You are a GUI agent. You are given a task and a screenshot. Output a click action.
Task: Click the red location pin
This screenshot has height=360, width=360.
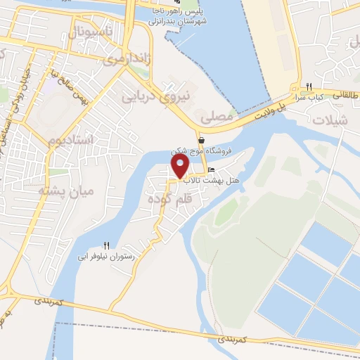pyautogui.click(x=180, y=166)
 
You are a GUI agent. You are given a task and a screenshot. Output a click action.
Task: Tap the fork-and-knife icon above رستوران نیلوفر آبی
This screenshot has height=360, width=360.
pyautogui.click(x=107, y=246)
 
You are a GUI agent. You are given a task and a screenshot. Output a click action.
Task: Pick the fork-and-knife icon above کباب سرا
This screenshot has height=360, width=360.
pyautogui.click(x=308, y=87)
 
